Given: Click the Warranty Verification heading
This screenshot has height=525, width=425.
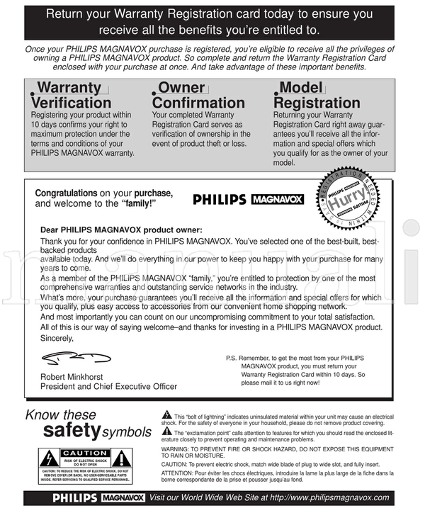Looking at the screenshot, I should point(71,96).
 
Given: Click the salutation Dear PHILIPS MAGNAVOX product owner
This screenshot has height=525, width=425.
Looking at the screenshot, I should point(121,230).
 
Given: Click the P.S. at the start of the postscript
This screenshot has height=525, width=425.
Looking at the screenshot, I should point(233,359).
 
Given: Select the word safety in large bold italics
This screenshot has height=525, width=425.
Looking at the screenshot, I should point(71,431).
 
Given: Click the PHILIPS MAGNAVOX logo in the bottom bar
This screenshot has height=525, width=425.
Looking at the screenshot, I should point(98,497).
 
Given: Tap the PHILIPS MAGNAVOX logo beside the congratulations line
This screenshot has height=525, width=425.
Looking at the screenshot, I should point(248,200).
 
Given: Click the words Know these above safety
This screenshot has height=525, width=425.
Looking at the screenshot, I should point(60,415).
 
